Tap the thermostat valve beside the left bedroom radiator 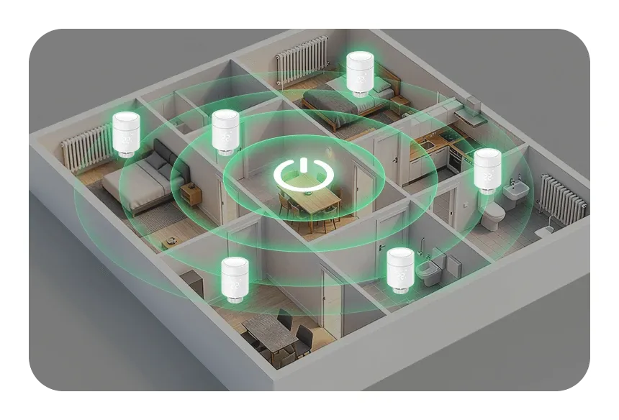click(126, 134)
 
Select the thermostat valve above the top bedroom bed click(359, 72)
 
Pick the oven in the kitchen click(456, 160)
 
